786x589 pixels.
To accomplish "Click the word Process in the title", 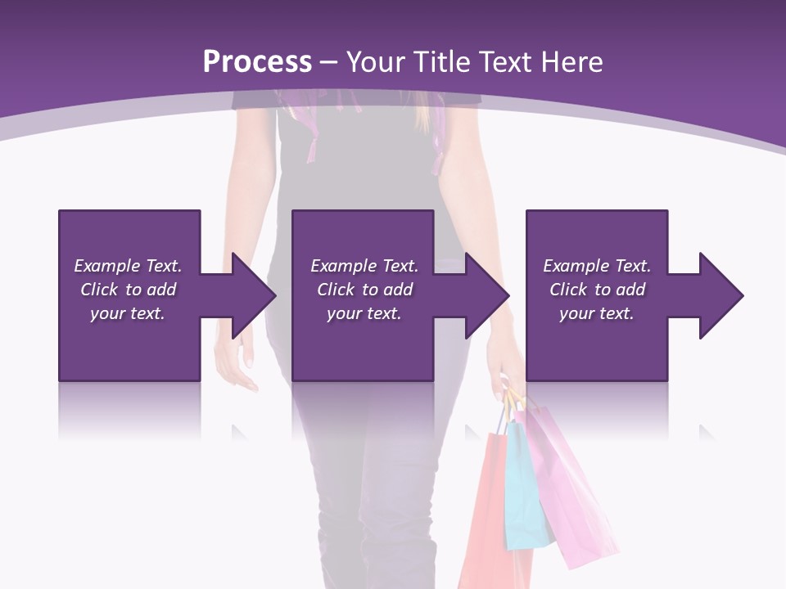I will coord(257,61).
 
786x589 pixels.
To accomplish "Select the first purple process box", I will coord(129,344).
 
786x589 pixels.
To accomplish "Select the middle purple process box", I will coord(363,344).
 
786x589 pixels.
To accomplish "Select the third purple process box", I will coord(597,344).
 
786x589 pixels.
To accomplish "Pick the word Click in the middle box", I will coord(336,290).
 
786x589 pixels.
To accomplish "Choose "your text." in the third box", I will coord(597,313).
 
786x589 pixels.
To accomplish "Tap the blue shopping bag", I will coord(525,491).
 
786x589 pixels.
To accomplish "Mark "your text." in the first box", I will coord(128,313).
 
